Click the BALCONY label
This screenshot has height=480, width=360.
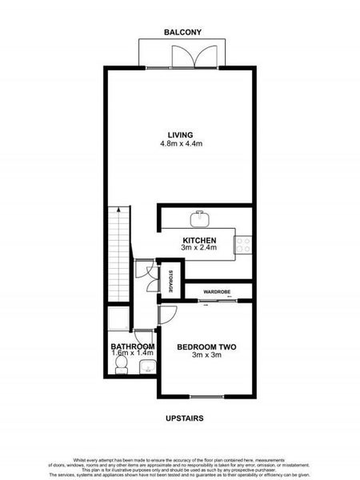point(182,32)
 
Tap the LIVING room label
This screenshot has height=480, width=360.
point(179,134)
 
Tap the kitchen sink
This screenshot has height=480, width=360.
point(199,218)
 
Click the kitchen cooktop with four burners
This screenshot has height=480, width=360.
point(244,243)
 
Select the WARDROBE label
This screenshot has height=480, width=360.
point(217,292)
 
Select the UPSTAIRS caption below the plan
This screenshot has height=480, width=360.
point(182,418)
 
